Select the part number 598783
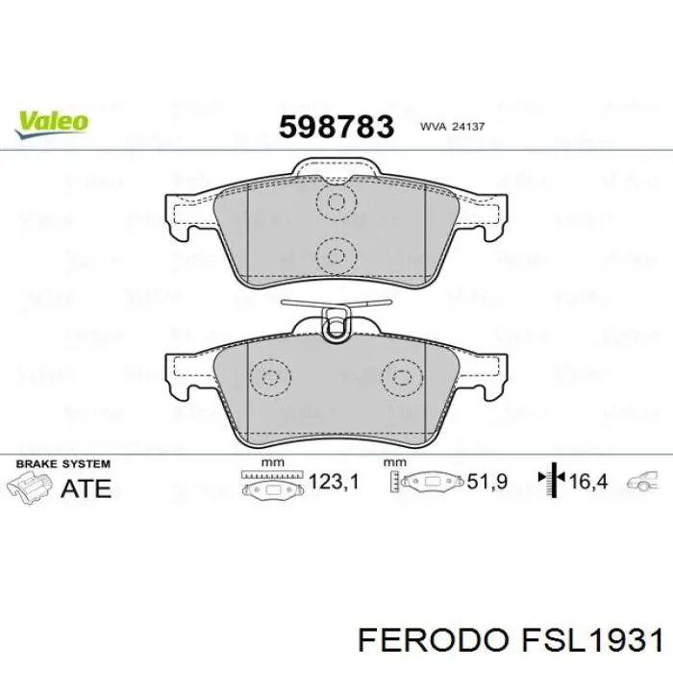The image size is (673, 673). pyautogui.click(x=336, y=126)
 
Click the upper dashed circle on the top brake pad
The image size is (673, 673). pyautogui.click(x=336, y=203)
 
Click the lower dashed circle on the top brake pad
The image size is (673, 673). pyautogui.click(x=336, y=255)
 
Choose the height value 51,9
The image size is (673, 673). pyautogui.click(x=487, y=482)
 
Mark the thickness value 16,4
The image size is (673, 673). pyautogui.click(x=588, y=482)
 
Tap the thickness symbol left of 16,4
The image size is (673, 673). pyautogui.click(x=552, y=481)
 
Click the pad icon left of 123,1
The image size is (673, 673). pyautogui.click(x=274, y=486)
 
